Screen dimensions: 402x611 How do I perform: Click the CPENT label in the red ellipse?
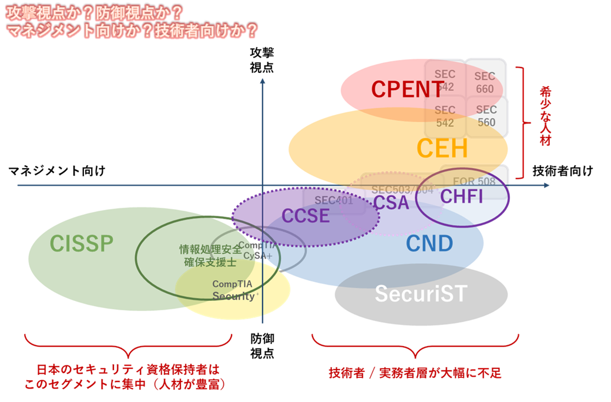(408, 89)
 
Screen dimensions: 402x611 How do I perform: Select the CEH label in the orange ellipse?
(442, 148)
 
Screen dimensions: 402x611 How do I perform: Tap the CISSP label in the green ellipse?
(81, 243)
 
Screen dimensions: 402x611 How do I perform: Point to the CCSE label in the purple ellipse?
(305, 216)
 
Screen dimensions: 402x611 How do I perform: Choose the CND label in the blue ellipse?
(429, 243)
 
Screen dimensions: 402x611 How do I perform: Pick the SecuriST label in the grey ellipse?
(420, 294)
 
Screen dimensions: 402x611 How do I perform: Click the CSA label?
(391, 203)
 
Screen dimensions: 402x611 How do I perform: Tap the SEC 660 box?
(485, 83)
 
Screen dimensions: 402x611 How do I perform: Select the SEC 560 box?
(486, 116)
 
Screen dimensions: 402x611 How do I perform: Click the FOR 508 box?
(474, 182)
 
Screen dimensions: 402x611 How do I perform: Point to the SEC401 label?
(334, 200)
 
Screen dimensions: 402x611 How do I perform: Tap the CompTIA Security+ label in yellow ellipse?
(233, 290)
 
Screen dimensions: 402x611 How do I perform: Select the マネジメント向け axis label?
(56, 171)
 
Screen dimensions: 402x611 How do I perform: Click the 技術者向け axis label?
(562, 171)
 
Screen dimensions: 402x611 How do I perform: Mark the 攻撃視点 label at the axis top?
(261, 60)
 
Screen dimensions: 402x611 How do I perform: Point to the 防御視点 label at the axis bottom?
(261, 346)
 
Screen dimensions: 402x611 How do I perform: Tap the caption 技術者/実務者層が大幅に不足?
(415, 373)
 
